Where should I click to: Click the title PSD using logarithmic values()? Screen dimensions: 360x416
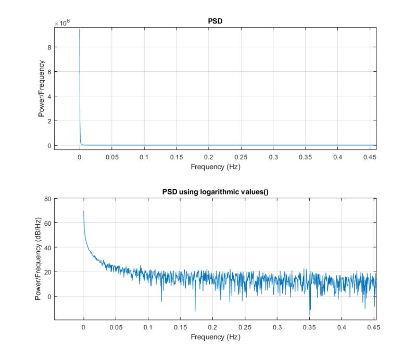coord(215,193)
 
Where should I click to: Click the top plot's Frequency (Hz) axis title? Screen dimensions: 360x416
coord(215,167)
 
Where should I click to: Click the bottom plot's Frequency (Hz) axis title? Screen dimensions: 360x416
coord(215,337)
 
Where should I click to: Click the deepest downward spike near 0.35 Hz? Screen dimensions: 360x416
coord(310,315)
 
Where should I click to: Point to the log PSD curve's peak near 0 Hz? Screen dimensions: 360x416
coord(84,211)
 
